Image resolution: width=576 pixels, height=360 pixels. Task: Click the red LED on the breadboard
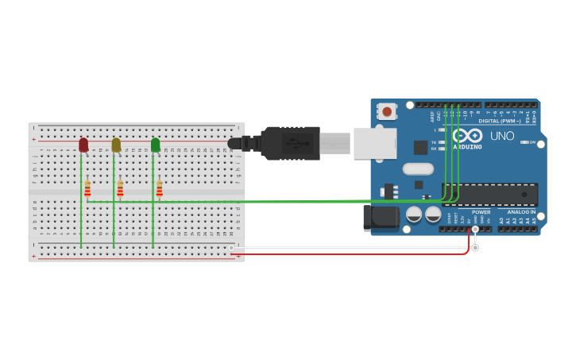(83, 145)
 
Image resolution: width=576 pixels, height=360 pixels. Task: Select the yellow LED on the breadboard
(116, 145)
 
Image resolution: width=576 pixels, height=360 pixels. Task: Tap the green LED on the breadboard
(155, 145)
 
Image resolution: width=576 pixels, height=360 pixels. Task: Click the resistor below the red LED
(87, 188)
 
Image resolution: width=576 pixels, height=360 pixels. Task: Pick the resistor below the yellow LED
(120, 188)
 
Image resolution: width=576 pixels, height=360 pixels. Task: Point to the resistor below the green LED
(159, 188)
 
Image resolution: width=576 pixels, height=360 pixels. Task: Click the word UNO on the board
(501, 136)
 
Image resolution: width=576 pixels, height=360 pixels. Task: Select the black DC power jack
(381, 217)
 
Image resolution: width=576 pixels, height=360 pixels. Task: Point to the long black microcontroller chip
(489, 194)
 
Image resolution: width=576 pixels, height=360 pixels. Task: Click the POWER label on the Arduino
(481, 212)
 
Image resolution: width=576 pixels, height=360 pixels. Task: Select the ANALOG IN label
(521, 212)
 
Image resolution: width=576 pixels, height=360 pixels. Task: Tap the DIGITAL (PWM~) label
(500, 121)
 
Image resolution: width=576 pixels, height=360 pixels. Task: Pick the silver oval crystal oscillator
(418, 168)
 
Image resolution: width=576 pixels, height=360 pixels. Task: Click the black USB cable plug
(290, 143)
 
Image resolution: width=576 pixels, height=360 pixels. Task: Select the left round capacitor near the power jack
(414, 215)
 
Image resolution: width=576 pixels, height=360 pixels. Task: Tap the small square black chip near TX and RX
(420, 147)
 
